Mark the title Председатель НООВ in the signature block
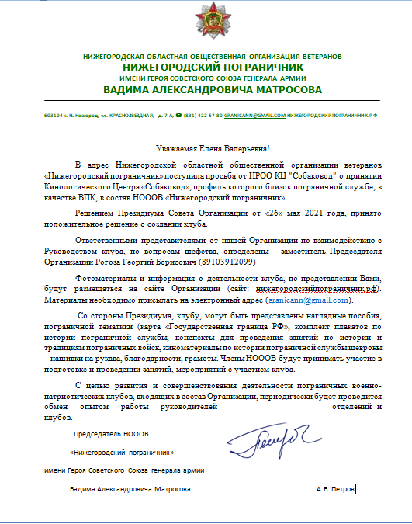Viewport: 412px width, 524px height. click(x=109, y=432)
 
